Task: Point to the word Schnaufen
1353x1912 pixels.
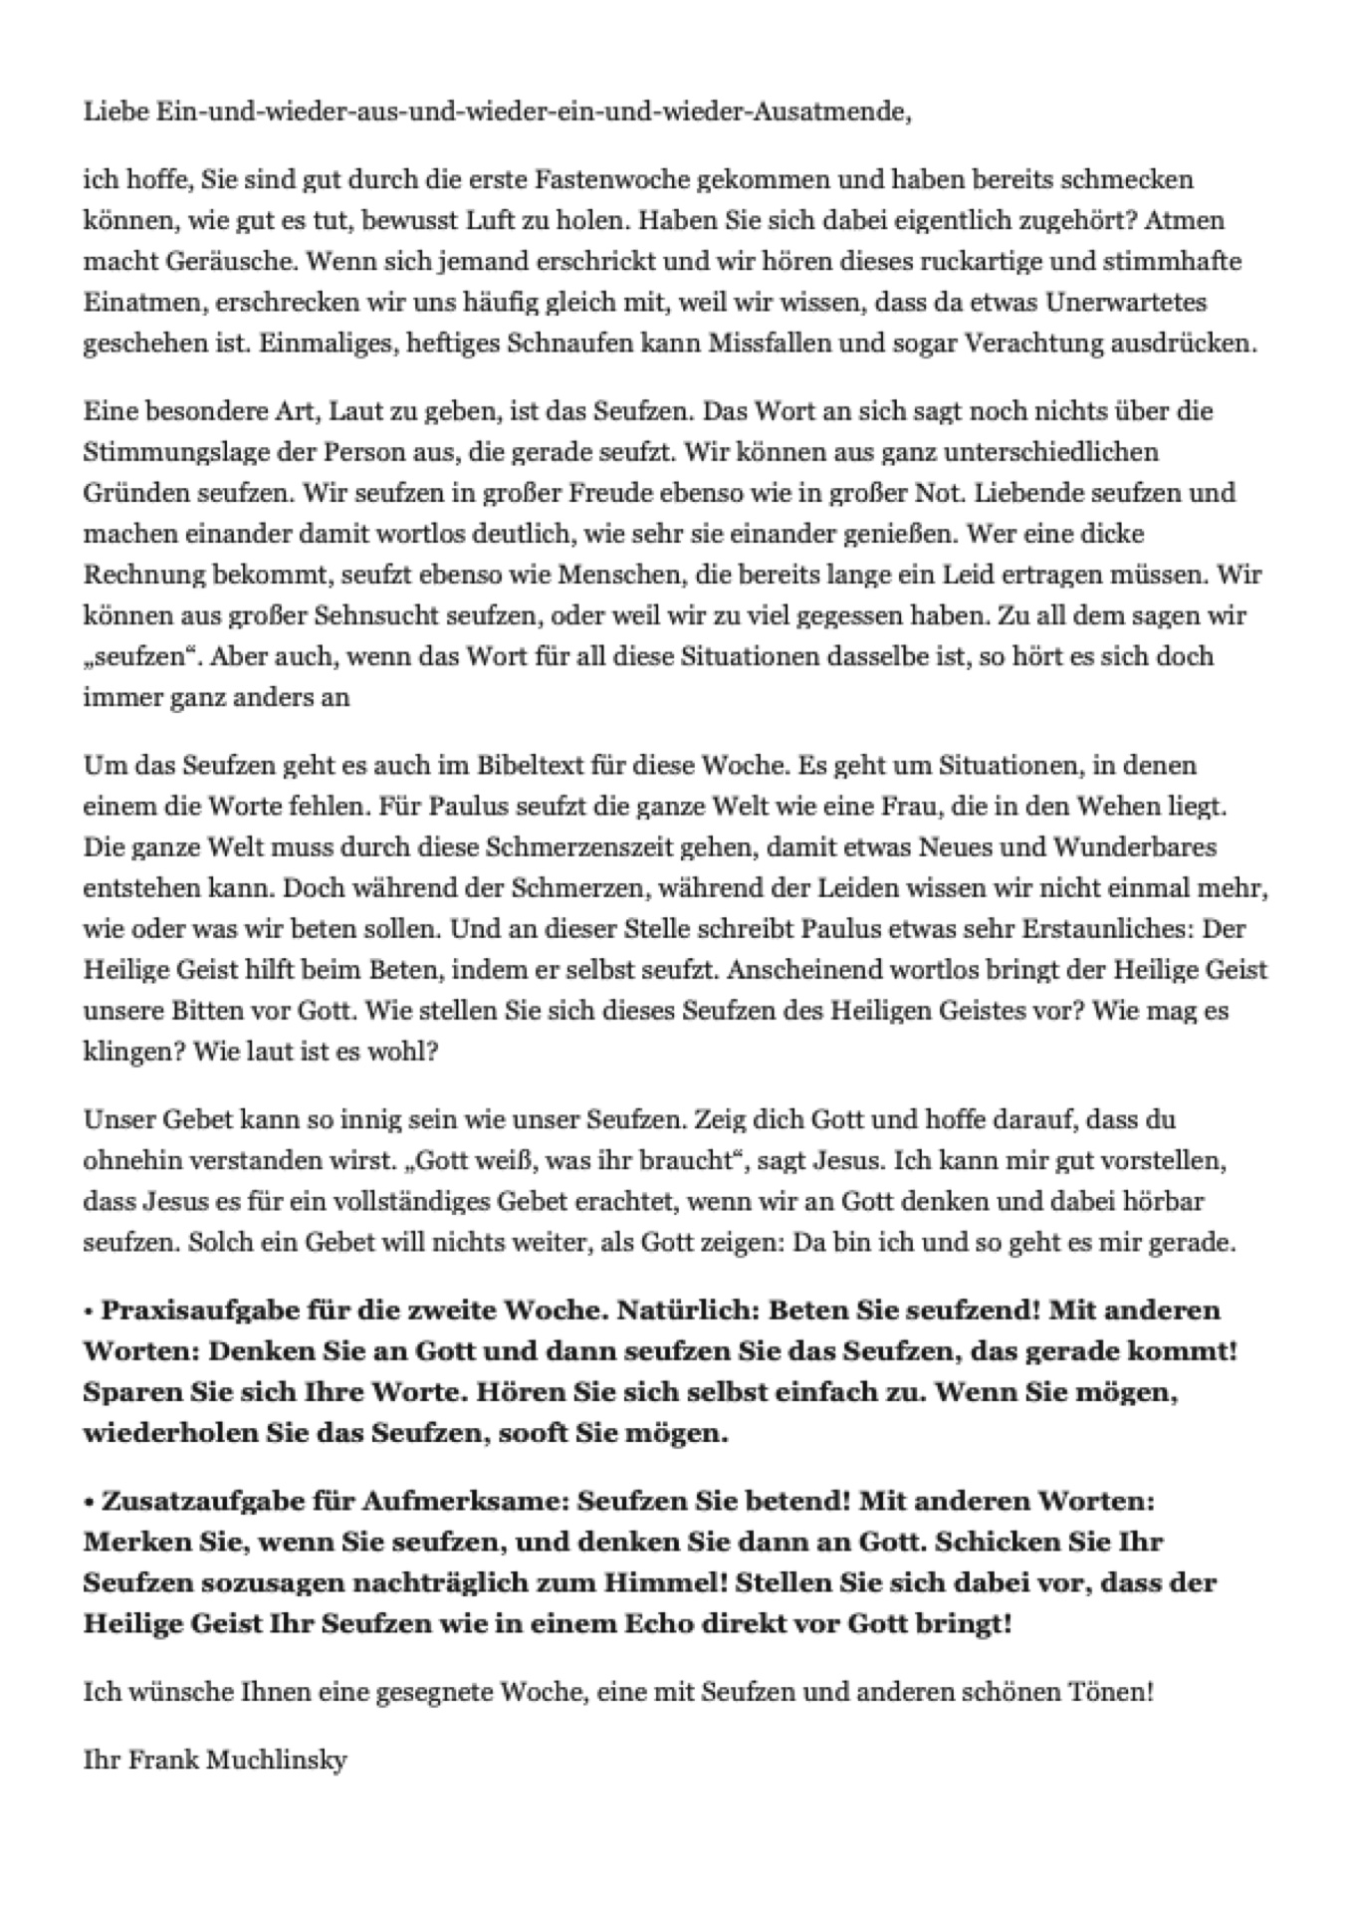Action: click(568, 344)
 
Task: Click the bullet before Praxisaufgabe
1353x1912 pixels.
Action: click(89, 1311)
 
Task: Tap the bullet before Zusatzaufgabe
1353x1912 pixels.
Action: click(89, 1501)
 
